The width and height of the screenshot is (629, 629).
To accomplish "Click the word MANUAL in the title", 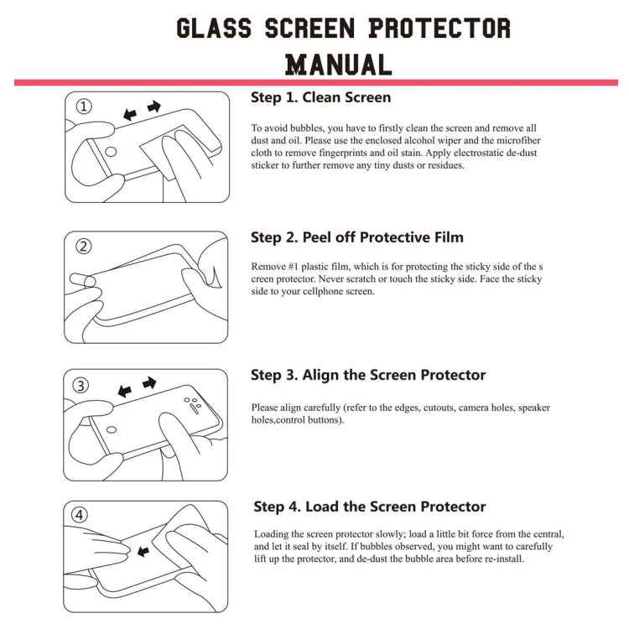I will coord(338,64).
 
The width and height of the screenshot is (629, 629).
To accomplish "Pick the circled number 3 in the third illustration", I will coord(81,385).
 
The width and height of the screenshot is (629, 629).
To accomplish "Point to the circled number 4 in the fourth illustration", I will coord(81,516).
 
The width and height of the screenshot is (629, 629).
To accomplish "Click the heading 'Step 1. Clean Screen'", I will coord(320,97).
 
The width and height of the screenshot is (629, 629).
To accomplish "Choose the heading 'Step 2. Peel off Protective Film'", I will coord(357,237).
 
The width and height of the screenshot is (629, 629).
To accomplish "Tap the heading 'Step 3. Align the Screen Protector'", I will coord(368,375).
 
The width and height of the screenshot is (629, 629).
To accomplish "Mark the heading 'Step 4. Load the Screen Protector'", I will coord(370,507).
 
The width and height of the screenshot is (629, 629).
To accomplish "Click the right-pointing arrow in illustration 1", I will coord(153,107).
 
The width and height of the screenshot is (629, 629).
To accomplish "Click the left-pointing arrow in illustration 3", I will coord(125,391).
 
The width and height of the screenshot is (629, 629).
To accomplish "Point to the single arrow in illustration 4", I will coord(143,551).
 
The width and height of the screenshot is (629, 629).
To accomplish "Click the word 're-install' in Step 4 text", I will coord(504,559).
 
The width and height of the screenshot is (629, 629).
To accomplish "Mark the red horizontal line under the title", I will coord(314,82).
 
